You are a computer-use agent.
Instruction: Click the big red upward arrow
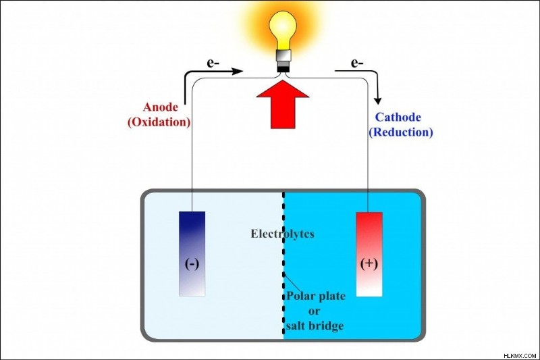[283, 105]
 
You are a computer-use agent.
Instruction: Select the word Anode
[161, 107]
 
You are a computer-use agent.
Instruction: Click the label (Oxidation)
[159, 122]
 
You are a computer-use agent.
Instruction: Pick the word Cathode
[398, 117]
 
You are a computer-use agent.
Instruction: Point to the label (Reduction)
[400, 132]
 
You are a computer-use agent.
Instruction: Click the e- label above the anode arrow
[213, 63]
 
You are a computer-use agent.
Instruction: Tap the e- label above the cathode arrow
[357, 63]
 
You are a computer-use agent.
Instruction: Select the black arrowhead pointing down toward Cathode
[378, 100]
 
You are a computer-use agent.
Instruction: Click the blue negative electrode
[192, 254]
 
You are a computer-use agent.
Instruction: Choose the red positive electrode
[369, 254]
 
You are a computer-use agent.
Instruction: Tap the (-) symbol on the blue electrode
[192, 264]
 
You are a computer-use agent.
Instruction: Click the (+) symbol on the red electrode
[369, 263]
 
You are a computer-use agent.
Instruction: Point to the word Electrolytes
[282, 234]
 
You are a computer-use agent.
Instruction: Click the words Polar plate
[316, 296]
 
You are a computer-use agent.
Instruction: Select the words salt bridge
[315, 326]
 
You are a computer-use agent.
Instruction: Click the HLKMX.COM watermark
[520, 355]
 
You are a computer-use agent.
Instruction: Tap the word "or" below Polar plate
[314, 311]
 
